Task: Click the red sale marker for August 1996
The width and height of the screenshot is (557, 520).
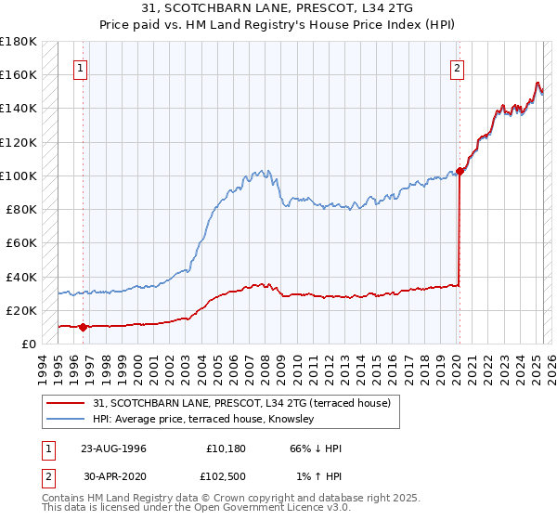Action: click(83, 327)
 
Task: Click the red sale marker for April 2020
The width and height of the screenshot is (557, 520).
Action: click(460, 171)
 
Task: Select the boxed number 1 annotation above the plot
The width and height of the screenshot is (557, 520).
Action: click(82, 68)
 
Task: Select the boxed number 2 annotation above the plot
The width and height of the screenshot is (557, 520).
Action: click(459, 68)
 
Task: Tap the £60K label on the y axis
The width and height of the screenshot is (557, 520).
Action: click(21, 242)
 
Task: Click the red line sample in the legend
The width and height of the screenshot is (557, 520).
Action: click(66, 403)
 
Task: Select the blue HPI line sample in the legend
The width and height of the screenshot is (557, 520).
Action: click(66, 420)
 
